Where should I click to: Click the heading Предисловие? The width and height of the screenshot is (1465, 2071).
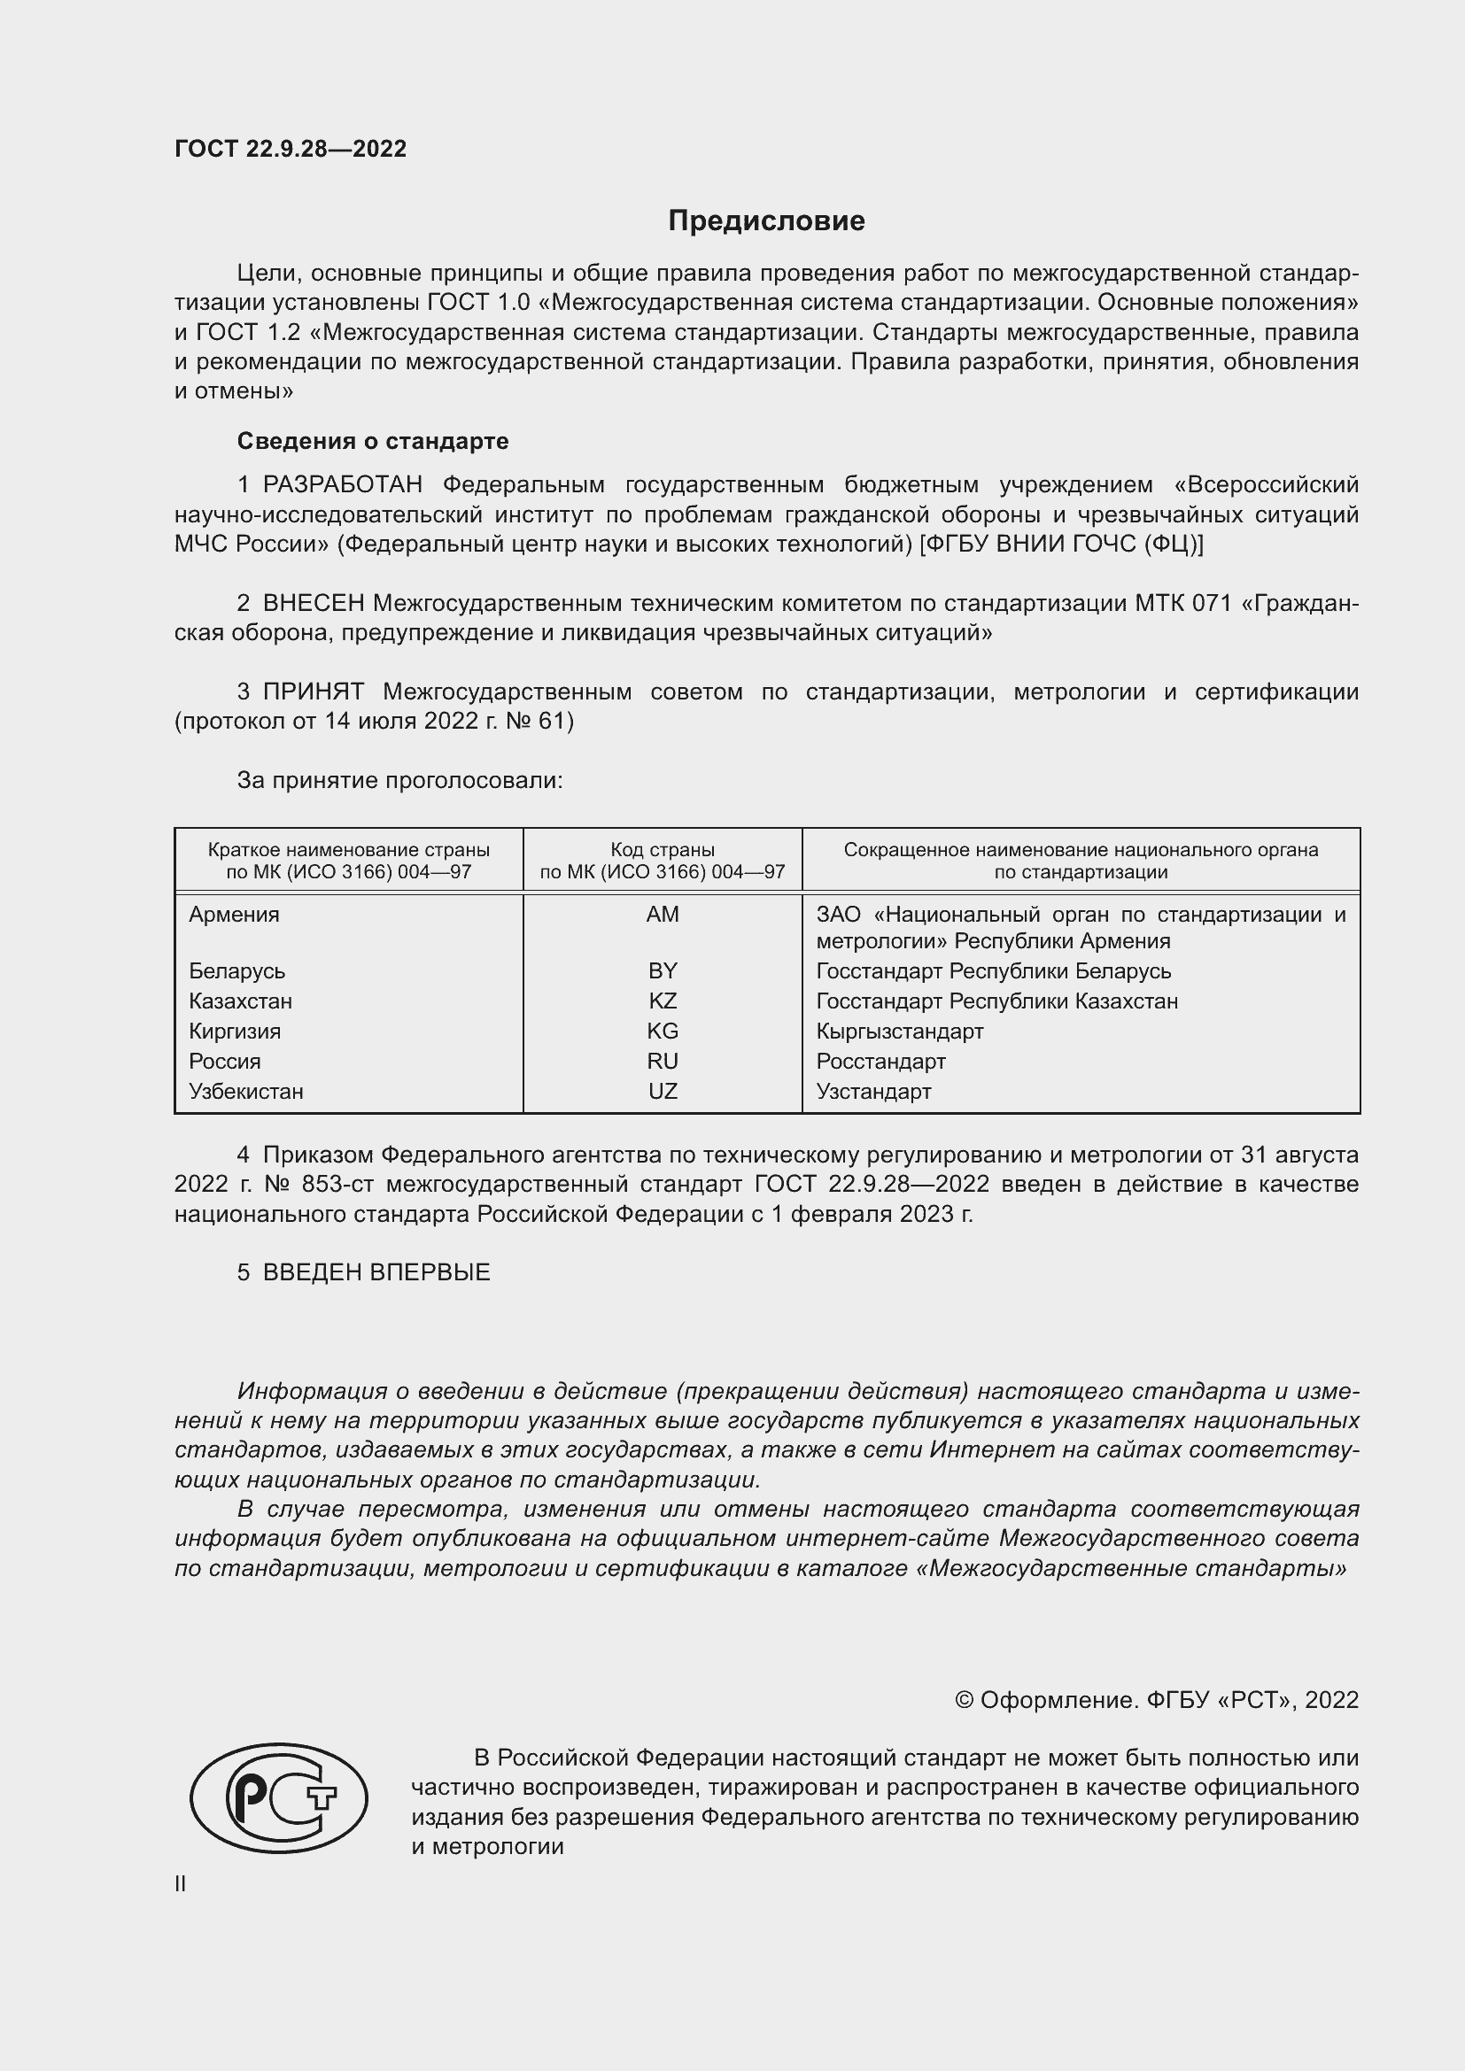pyautogui.click(x=766, y=221)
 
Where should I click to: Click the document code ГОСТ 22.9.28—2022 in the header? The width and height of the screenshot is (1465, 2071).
pyautogui.click(x=291, y=149)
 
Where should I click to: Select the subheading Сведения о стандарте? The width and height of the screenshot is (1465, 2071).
pyautogui.click(x=373, y=441)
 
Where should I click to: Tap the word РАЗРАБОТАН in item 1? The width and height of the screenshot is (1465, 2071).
pyautogui.click(x=343, y=485)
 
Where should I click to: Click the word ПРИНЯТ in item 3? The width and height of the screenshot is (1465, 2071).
pyautogui.click(x=313, y=692)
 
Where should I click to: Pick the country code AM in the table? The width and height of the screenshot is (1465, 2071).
pyautogui.click(x=663, y=915)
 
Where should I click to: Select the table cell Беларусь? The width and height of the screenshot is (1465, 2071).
pyautogui.click(x=237, y=971)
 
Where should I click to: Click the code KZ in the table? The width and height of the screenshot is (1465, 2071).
pyautogui.click(x=663, y=1001)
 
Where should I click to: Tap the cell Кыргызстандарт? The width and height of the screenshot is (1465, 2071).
pyautogui.click(x=899, y=1031)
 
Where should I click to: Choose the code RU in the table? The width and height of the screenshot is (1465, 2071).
pyautogui.click(x=663, y=1062)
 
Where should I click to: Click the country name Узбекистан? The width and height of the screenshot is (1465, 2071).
pyautogui.click(x=246, y=1092)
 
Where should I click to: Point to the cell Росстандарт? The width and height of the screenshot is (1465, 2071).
pyautogui.click(x=880, y=1062)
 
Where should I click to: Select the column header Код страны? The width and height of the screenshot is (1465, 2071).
pyautogui.click(x=663, y=850)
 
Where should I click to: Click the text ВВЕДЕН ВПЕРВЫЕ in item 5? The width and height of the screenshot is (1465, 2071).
pyautogui.click(x=376, y=1272)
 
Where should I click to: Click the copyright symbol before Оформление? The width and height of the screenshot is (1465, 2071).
pyautogui.click(x=964, y=1700)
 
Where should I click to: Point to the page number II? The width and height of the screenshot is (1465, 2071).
pyautogui.click(x=181, y=1883)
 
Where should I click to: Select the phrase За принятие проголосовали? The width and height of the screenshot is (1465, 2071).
pyautogui.click(x=399, y=780)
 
